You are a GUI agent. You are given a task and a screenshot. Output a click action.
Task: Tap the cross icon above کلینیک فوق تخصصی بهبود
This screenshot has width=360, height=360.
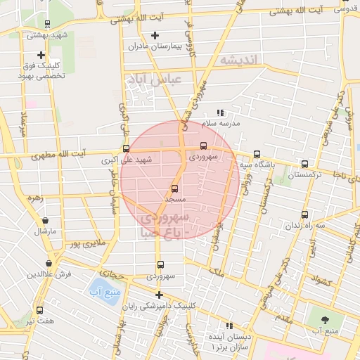41,55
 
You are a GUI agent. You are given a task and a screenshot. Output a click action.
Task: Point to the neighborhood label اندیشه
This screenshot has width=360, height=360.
237,59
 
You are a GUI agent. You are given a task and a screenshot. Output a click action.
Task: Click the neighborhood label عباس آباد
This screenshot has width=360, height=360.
158,79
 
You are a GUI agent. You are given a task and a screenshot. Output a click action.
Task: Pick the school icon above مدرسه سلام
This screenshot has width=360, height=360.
219,112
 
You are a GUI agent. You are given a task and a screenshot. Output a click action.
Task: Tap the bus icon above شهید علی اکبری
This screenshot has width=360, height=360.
126,148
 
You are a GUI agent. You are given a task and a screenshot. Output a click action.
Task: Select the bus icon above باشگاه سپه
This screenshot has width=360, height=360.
256,154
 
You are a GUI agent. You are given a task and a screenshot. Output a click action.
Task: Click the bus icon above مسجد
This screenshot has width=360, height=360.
174,188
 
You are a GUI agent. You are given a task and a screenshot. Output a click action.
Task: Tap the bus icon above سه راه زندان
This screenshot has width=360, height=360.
304,214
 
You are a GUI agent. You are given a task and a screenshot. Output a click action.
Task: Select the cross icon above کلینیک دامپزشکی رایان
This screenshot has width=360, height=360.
160,295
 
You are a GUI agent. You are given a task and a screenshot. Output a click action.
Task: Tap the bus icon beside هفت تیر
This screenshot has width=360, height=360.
39,309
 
